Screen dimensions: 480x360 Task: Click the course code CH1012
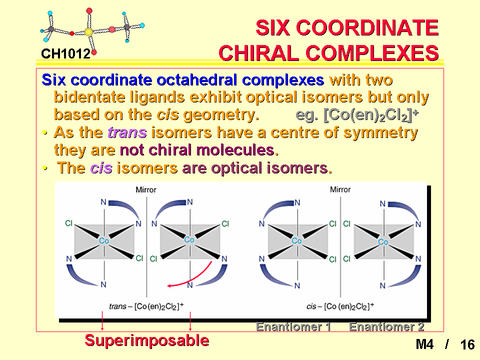[x=66, y=54]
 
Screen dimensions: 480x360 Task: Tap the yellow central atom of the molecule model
[x=88, y=32]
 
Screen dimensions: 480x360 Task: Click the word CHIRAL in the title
[x=258, y=53]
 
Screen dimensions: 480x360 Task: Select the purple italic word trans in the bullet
[x=127, y=132]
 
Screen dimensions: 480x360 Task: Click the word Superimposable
[x=147, y=340]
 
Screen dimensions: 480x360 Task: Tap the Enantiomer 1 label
[x=293, y=326]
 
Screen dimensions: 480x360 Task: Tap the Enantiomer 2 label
[x=386, y=326]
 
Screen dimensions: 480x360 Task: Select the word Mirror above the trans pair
[x=146, y=190]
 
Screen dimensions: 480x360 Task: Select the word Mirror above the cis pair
[x=340, y=190]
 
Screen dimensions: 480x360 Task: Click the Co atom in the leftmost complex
[x=104, y=241]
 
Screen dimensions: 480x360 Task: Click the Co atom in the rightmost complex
[x=383, y=242]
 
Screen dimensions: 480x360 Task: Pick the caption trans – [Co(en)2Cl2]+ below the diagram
[x=146, y=306]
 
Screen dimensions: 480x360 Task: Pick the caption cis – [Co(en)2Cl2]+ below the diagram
[x=340, y=306]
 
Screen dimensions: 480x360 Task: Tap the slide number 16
[x=467, y=344]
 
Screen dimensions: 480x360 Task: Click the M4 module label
[x=424, y=344]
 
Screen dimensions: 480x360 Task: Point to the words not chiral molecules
[x=199, y=150]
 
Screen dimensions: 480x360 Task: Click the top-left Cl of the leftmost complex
[x=69, y=223]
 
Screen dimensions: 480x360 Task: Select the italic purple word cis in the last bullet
[x=101, y=168]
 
